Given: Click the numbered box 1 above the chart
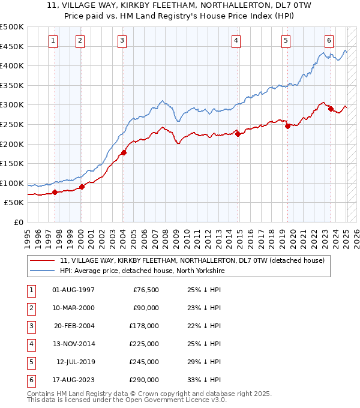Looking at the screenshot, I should [53, 41].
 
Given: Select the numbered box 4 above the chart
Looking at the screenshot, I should [236, 41].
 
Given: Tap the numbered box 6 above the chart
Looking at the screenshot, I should [329, 41].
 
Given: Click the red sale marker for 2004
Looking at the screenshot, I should [124, 152].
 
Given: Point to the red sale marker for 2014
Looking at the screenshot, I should [238, 134].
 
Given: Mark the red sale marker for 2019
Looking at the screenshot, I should [287, 126].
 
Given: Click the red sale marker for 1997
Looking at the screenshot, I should [55, 192].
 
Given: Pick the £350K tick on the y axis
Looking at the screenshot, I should [12, 85].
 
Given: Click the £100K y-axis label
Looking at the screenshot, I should [12, 183].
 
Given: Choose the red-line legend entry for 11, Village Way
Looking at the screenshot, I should [192, 260].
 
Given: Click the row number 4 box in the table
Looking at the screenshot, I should [30, 344].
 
